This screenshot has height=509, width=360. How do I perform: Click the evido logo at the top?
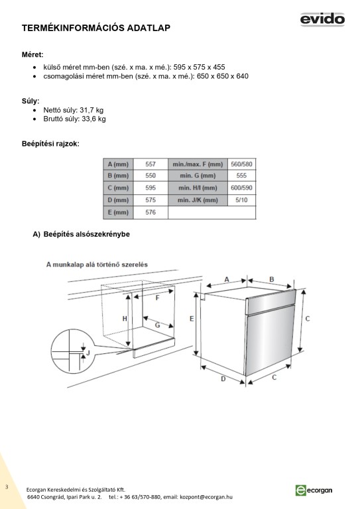pyautogui.click(x=322, y=19)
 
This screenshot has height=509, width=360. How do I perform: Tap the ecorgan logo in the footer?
pyautogui.click(x=314, y=490)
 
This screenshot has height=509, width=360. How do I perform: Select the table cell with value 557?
pyautogui.click(x=150, y=164)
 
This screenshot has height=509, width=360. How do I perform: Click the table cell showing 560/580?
pyautogui.click(x=241, y=164)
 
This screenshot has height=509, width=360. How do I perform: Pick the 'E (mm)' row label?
pyautogui.click(x=118, y=212)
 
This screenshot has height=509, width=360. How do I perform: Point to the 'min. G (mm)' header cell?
pyautogui.click(x=198, y=176)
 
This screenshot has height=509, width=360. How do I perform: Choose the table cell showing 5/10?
pyautogui.click(x=241, y=200)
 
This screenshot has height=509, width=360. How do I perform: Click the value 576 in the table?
pyautogui.click(x=150, y=212)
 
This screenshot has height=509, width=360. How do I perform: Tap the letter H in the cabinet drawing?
pyautogui.click(x=125, y=319)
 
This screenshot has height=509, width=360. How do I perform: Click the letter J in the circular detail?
pyautogui.click(x=88, y=353)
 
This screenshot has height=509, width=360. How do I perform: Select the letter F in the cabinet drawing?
pyautogui.click(x=157, y=298)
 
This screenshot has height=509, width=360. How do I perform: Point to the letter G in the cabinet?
pyautogui.click(x=157, y=325)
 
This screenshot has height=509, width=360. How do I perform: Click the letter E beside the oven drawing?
pyautogui.click(x=192, y=319)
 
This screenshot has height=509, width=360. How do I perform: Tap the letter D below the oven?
pyautogui.click(x=223, y=379)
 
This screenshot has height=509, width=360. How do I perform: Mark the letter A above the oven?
pyautogui.click(x=227, y=279)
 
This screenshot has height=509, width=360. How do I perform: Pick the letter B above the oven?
pyautogui.click(x=272, y=279)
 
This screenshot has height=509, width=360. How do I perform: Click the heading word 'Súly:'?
pyautogui.click(x=30, y=101)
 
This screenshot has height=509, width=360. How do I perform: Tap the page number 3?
pyautogui.click(x=7, y=487)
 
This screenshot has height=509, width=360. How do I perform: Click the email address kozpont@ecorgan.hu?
pyautogui.click(x=206, y=497)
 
